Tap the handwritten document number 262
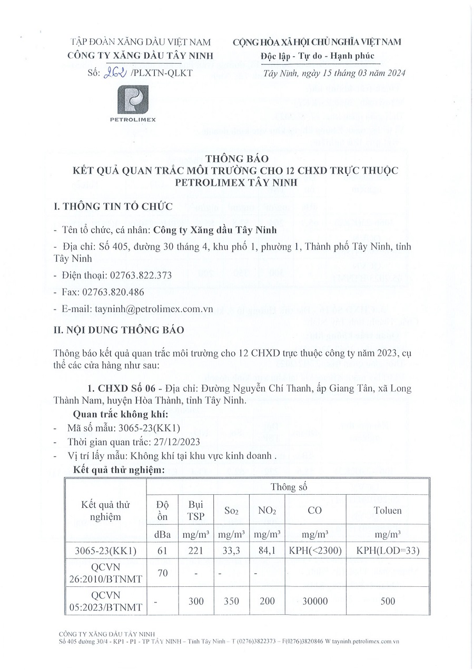point(116,73)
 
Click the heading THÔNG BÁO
point(238,158)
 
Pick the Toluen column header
point(387,510)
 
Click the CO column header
point(315,510)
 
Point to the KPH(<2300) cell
point(315,552)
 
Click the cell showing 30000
point(315,601)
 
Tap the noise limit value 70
point(163,573)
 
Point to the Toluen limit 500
point(387,601)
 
